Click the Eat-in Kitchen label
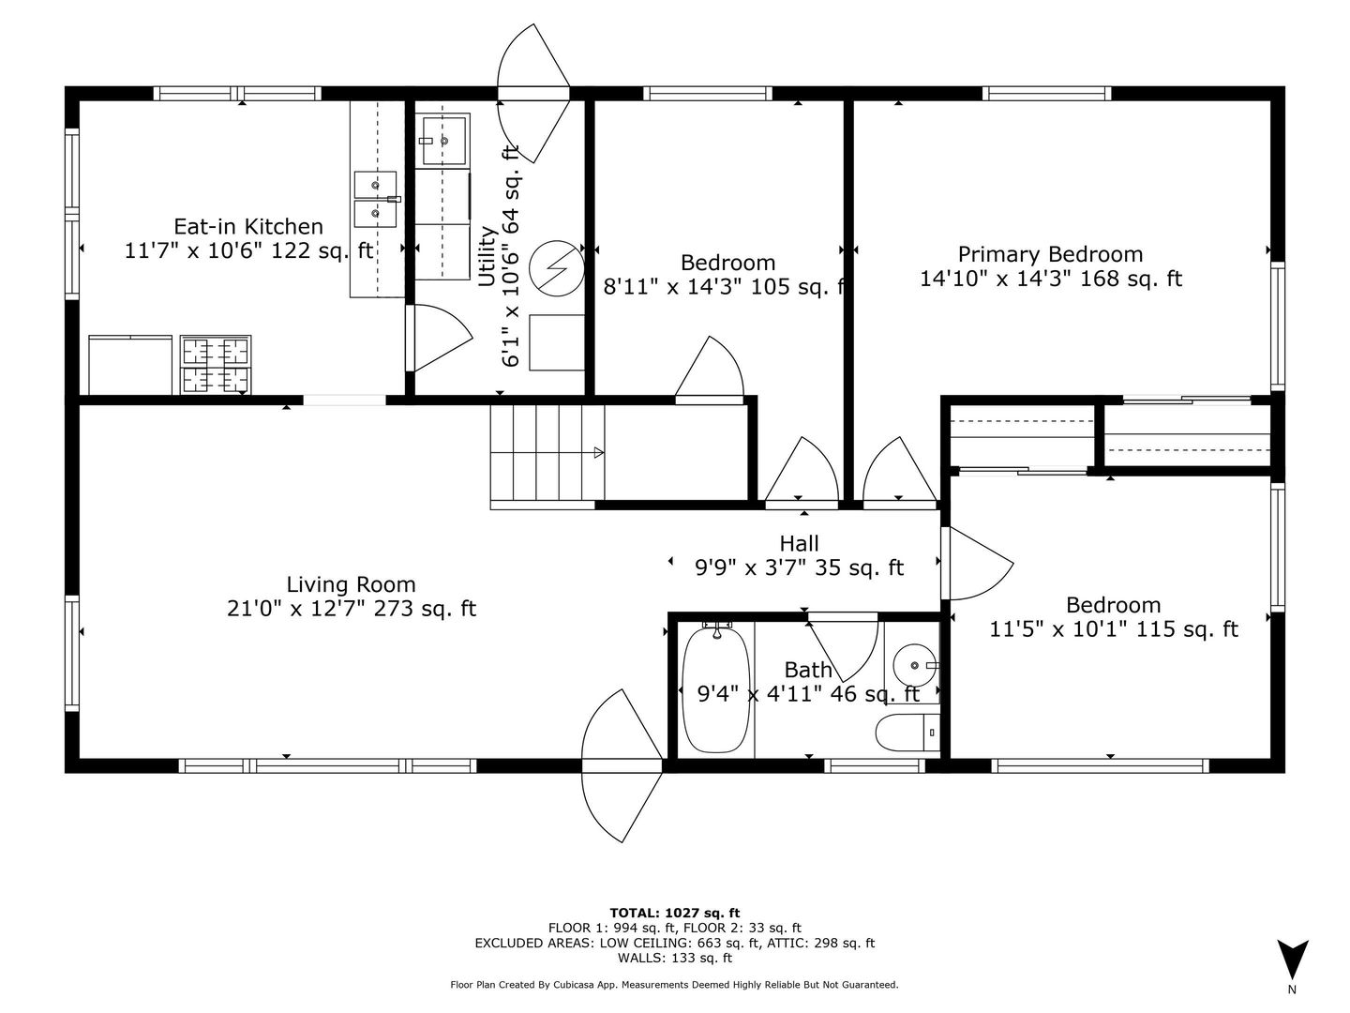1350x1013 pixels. (x=248, y=226)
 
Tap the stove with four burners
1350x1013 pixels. (x=216, y=365)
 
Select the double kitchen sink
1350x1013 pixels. (x=375, y=199)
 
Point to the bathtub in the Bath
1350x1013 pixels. (x=716, y=687)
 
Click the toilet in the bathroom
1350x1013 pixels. (x=907, y=733)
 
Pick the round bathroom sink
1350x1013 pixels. (x=915, y=666)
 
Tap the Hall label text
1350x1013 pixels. (x=799, y=544)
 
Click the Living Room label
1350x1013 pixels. (x=352, y=584)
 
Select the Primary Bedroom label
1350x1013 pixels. (x=1051, y=254)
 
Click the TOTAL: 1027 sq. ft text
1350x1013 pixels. (x=675, y=914)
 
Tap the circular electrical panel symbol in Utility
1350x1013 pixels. (x=557, y=268)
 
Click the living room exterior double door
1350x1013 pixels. (x=622, y=765)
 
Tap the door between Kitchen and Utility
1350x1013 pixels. (x=439, y=339)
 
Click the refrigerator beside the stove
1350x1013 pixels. (x=130, y=365)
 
